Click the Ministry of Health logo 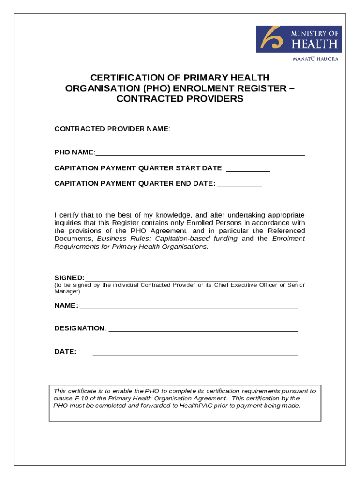(x=299, y=39)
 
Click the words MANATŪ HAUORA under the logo (x=315, y=59)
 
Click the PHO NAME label (x=74, y=152)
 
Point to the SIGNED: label (x=69, y=277)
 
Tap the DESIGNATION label (x=79, y=328)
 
